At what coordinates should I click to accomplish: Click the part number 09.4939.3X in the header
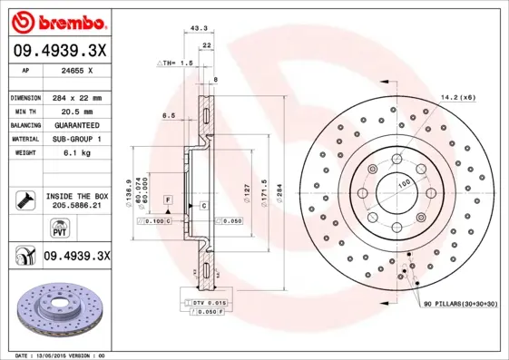59,51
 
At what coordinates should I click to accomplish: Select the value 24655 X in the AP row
77,70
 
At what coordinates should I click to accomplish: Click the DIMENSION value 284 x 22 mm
77,97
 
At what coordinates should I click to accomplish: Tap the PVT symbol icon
25,228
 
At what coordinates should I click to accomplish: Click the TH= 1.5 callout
176,63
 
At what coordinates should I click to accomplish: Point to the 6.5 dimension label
169,116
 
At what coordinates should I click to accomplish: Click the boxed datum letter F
168,198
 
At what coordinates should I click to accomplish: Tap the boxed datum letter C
204,206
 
